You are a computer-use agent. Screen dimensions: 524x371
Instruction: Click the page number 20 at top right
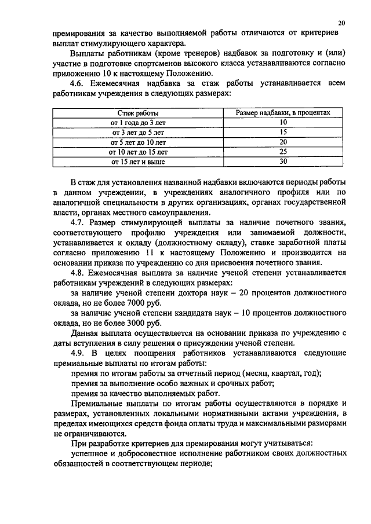click(341, 23)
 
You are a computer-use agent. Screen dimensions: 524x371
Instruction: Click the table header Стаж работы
click(138, 113)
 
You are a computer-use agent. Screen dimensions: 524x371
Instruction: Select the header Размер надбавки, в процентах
click(283, 113)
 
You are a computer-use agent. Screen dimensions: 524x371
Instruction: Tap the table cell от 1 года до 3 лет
click(138, 123)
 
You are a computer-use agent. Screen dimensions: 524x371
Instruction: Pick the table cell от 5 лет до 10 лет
click(138, 142)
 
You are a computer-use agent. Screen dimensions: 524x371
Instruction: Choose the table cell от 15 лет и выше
click(138, 162)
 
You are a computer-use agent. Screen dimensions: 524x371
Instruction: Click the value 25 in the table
click(283, 152)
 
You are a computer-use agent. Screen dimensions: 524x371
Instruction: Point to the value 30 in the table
click(283, 162)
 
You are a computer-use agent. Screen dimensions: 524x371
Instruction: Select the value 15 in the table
click(283, 132)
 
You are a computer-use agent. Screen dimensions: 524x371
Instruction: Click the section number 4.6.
click(77, 83)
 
